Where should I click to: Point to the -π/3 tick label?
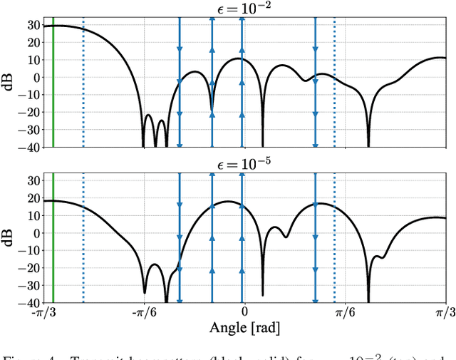[43, 312]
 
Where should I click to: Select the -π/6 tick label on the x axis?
[144, 312]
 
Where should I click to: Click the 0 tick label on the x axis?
[244, 312]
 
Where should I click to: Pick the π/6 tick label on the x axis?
[345, 312]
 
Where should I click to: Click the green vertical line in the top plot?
[53, 86]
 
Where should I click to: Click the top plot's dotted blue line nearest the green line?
[83, 86]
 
